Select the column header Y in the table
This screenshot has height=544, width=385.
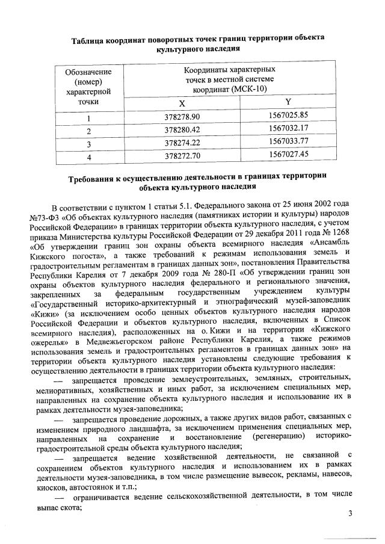click(288, 102)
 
